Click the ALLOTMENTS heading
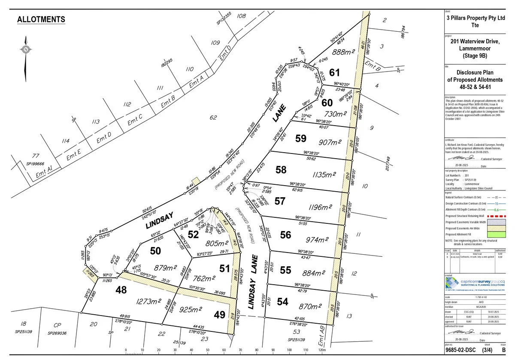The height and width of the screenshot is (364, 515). [x=41, y=20]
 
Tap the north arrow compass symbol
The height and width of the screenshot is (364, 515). [x=26, y=56]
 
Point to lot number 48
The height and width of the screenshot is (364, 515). [x=121, y=290]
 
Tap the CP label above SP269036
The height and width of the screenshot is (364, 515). [x=55, y=325]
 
